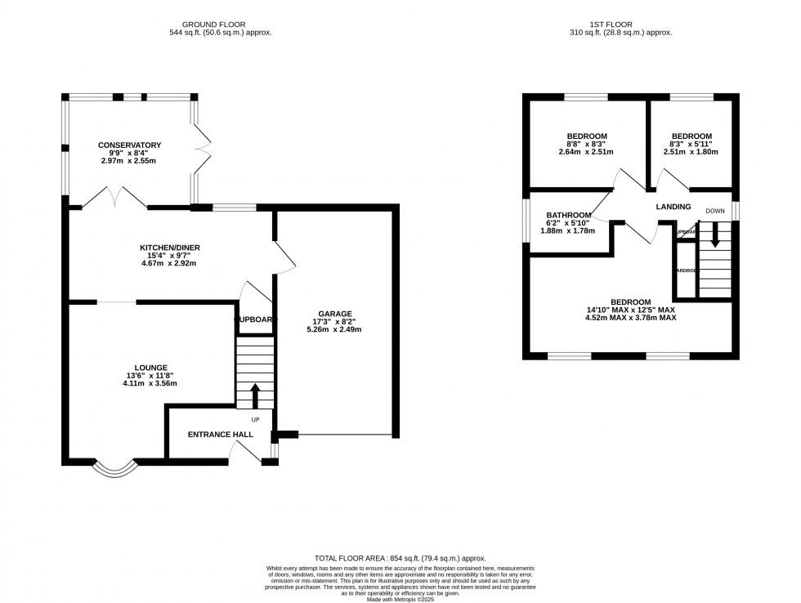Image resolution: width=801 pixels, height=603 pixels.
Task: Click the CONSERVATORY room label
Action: (129, 145)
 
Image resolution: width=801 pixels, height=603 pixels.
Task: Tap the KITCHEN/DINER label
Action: (169, 247)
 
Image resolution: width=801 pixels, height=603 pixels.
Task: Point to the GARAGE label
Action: (335, 314)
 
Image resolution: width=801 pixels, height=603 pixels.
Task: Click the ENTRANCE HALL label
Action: (221, 435)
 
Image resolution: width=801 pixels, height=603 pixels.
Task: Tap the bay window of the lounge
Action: (113, 469)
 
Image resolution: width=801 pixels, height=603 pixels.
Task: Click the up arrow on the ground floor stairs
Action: (254, 396)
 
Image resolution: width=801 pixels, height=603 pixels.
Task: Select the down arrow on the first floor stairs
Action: (715, 238)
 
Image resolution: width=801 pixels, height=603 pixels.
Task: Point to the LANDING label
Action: (673, 207)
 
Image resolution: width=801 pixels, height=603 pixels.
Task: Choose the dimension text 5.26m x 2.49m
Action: (335, 330)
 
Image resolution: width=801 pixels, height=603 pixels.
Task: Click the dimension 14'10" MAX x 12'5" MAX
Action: (630, 310)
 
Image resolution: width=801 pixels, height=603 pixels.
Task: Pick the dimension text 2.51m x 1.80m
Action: (691, 152)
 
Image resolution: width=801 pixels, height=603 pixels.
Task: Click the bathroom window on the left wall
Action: (526, 221)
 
